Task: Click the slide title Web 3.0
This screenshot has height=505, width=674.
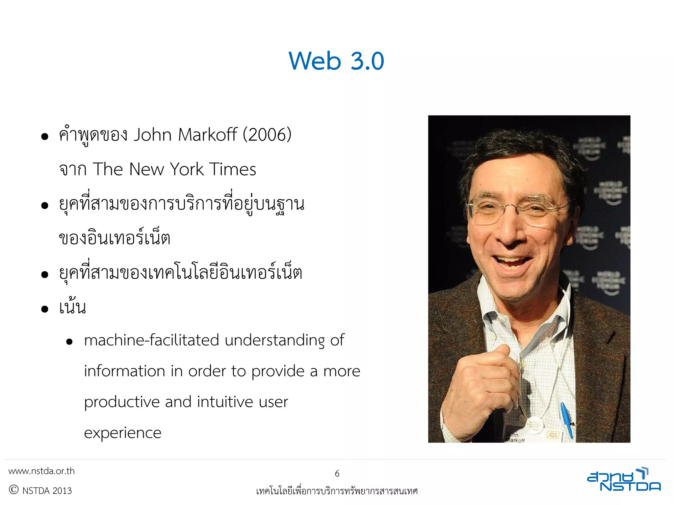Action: point(336,61)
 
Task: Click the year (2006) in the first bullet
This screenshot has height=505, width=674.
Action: point(267,135)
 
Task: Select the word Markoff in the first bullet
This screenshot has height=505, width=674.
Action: point(207,135)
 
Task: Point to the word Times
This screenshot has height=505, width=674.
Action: point(232,169)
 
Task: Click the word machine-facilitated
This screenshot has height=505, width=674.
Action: point(151,340)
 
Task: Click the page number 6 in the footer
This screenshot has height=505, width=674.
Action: point(337,474)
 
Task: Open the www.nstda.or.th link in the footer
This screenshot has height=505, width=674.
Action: point(41,471)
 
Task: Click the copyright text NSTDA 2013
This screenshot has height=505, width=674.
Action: point(47,491)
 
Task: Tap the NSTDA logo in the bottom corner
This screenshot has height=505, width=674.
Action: point(624,480)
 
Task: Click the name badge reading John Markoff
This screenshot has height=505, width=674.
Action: point(516,438)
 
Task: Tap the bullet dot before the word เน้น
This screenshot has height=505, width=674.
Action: point(45,309)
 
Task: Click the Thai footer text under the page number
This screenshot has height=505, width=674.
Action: point(337,491)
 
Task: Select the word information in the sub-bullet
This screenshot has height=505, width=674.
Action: point(124,371)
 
